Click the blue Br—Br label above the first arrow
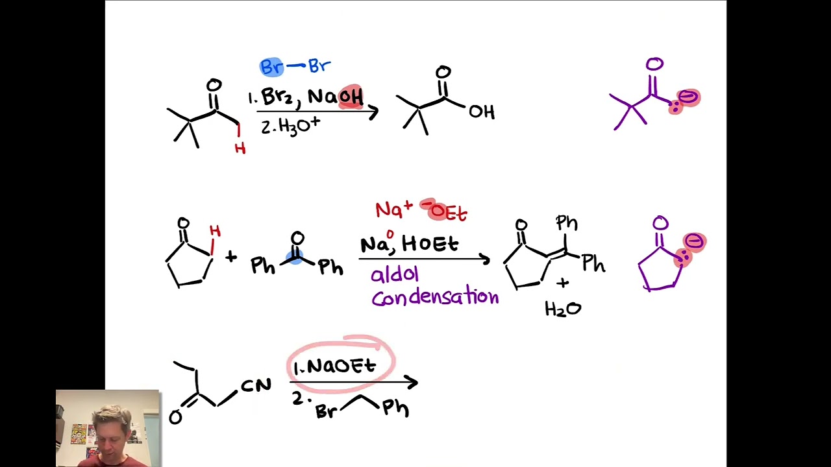coord(295,66)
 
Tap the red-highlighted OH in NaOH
coord(351,97)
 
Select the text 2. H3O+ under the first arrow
coord(290,125)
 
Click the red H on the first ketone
coord(240,149)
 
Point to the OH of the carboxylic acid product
coord(482,112)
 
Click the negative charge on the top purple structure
coord(688,97)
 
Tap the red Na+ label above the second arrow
coord(393,210)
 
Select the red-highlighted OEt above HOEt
coord(447,211)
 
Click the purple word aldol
coord(394,274)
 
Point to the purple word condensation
coord(435,298)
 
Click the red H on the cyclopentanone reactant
coord(215,232)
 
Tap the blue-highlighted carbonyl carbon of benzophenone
coord(296,257)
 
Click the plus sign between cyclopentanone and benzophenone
coord(231,257)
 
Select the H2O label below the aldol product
coord(563,309)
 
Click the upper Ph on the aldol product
coord(567,224)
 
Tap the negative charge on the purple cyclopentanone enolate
coord(694,243)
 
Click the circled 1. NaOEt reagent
coord(335,366)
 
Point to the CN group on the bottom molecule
coord(256,386)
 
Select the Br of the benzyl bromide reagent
coord(325,411)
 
